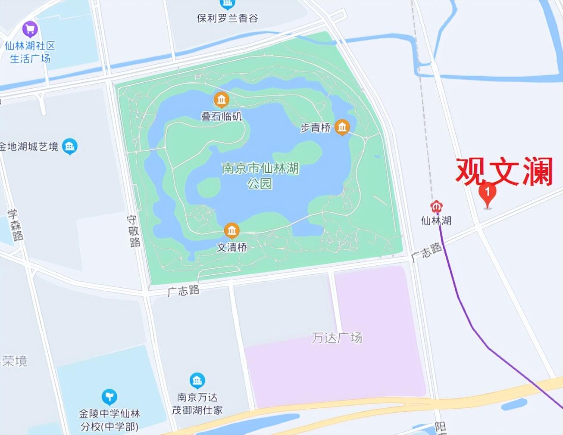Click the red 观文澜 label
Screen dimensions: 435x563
pyautogui.click(x=504, y=171)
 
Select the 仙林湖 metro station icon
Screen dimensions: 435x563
pyautogui.click(x=437, y=206)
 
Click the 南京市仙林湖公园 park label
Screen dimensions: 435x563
pyautogui.click(x=260, y=175)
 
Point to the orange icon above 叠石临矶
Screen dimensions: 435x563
pyautogui.click(x=221, y=100)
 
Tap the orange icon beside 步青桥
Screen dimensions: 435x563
pyautogui.click(x=342, y=127)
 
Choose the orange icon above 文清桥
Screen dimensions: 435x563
pyautogui.click(x=232, y=231)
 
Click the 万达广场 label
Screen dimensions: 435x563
pyautogui.click(x=337, y=338)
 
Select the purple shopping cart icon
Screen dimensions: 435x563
pyautogui.click(x=30, y=29)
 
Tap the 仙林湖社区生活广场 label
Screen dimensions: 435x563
pyautogui.click(x=30, y=52)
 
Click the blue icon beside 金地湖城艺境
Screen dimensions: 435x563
pyautogui.click(x=69, y=146)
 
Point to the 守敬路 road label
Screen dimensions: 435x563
pyautogui.click(x=134, y=231)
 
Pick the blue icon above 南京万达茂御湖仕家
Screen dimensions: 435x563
pyautogui.click(x=197, y=381)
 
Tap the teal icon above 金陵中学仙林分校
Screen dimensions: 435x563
pyautogui.click(x=109, y=397)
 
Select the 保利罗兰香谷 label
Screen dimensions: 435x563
pyautogui.click(x=227, y=18)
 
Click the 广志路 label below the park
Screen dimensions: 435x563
pyautogui.click(x=184, y=291)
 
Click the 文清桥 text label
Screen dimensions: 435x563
pyautogui.click(x=232, y=247)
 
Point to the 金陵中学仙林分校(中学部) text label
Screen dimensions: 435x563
pyautogui.click(x=109, y=420)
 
